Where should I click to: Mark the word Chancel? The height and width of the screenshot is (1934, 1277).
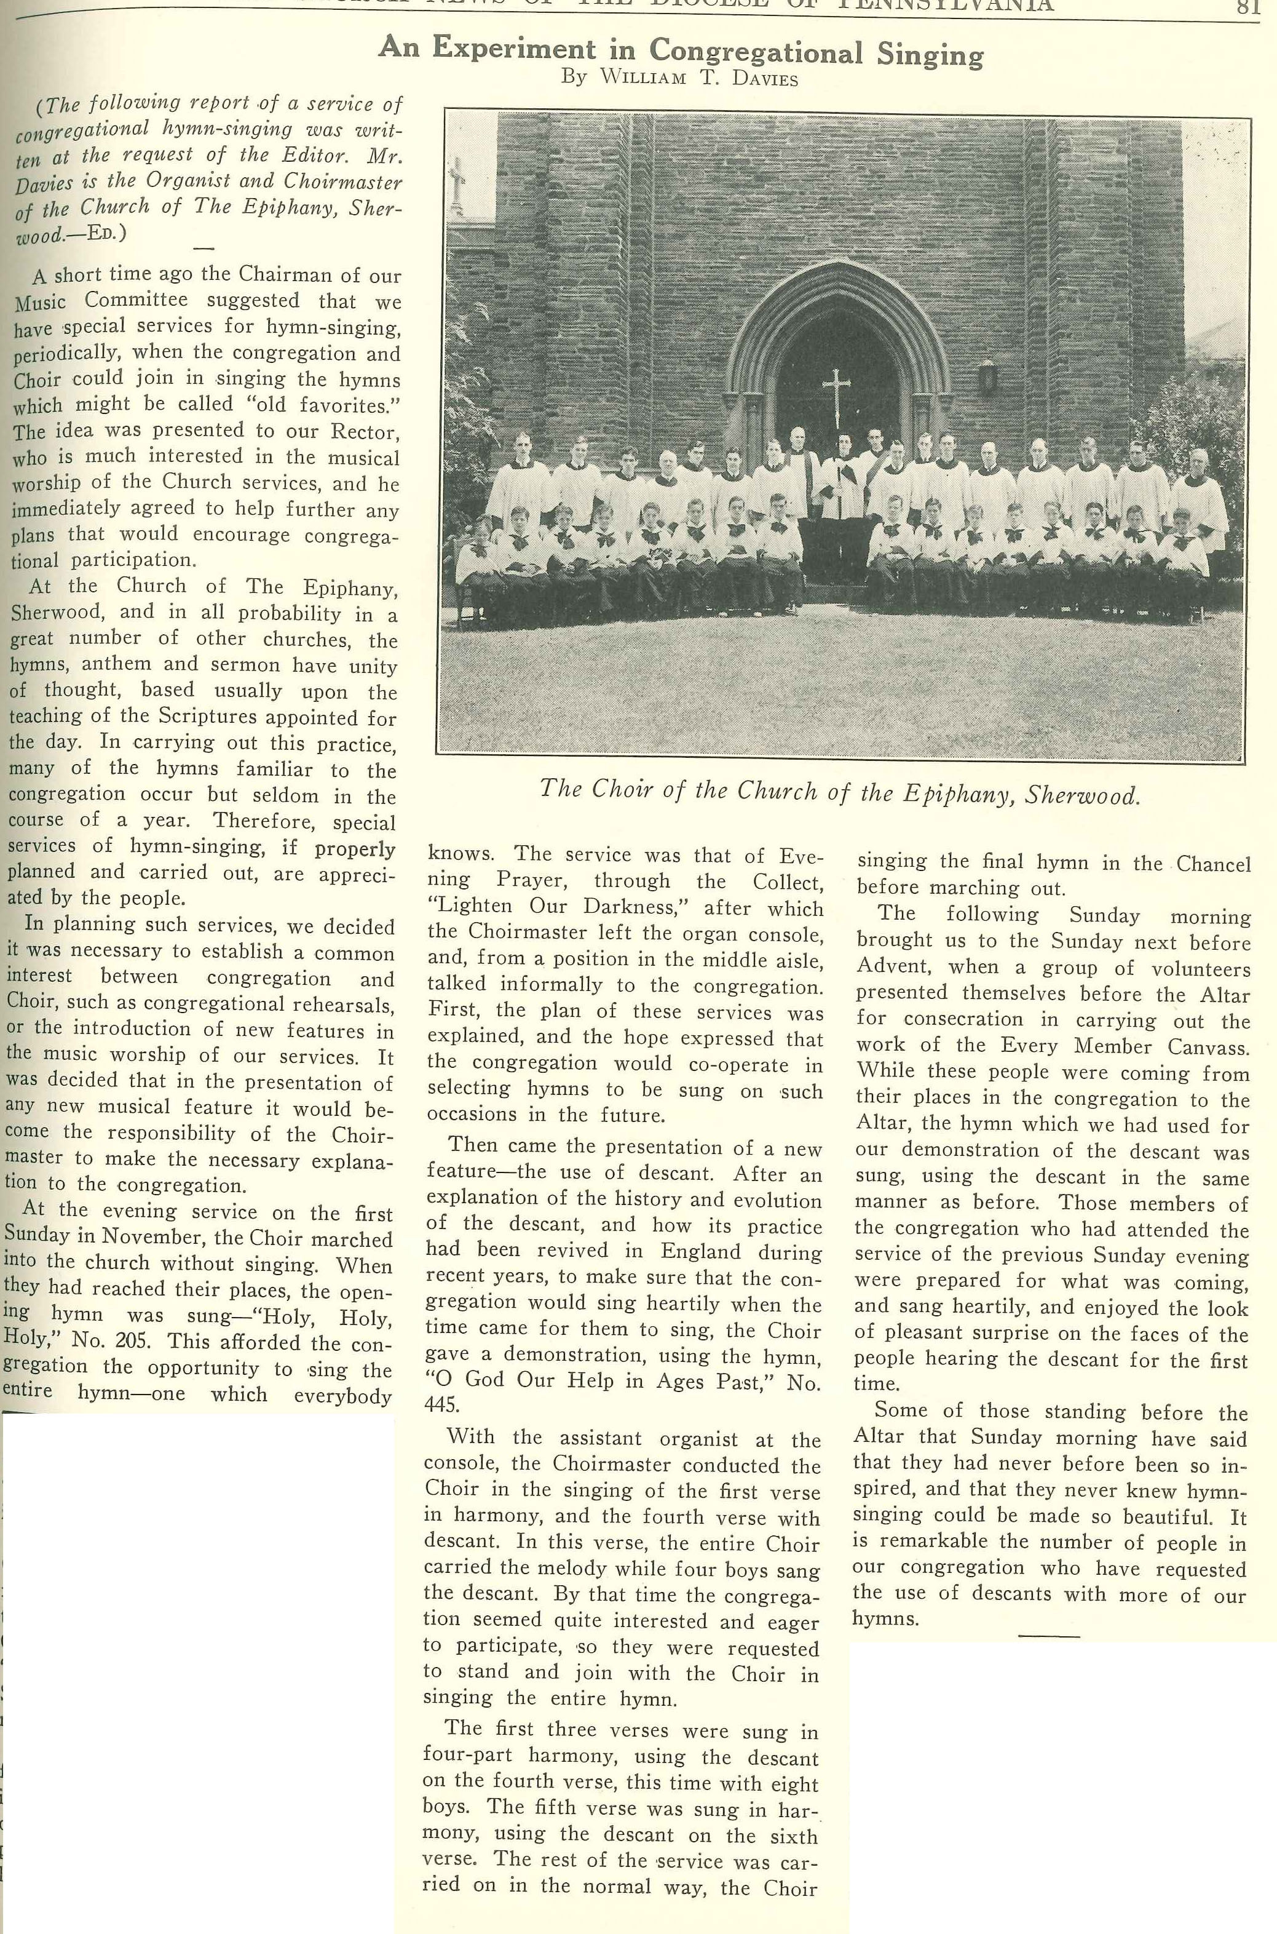coord(1212,864)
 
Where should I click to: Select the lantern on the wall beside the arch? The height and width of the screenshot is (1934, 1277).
coord(987,376)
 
